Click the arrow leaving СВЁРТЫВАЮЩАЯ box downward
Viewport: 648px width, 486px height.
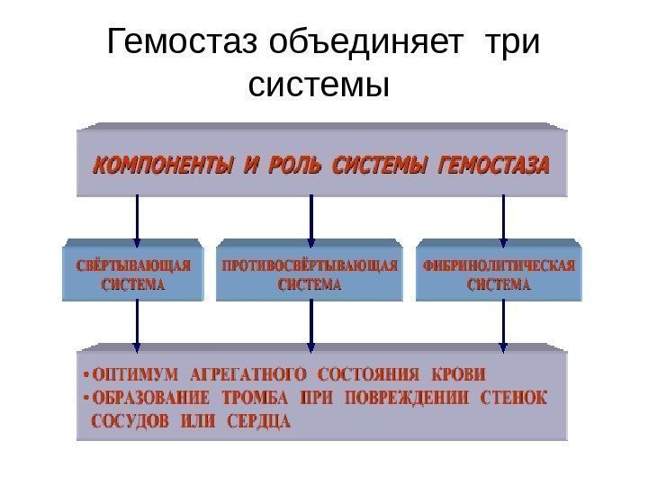click(x=138, y=325)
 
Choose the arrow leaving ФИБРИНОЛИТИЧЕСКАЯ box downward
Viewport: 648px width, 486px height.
click(x=503, y=325)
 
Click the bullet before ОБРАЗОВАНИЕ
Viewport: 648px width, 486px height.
click(x=85, y=397)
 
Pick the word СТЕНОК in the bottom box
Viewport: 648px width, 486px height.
click(x=515, y=397)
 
